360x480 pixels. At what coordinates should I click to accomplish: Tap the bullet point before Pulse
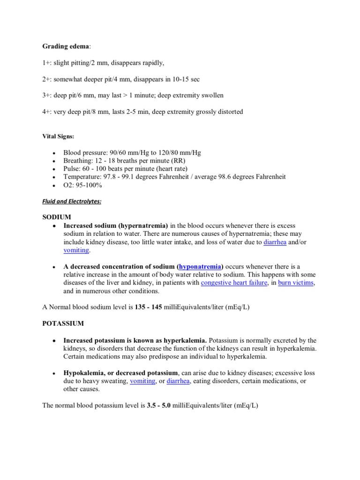click(55, 169)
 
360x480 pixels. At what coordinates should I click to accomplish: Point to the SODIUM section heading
click(57, 217)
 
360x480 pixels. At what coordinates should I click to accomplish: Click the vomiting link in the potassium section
click(142, 381)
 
